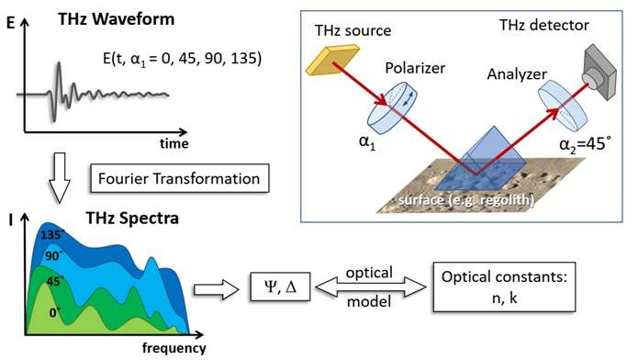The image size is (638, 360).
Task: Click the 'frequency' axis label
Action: [x=174, y=348]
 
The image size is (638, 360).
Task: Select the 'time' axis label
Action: [x=172, y=144]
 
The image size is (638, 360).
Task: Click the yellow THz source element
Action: [x=323, y=62]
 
